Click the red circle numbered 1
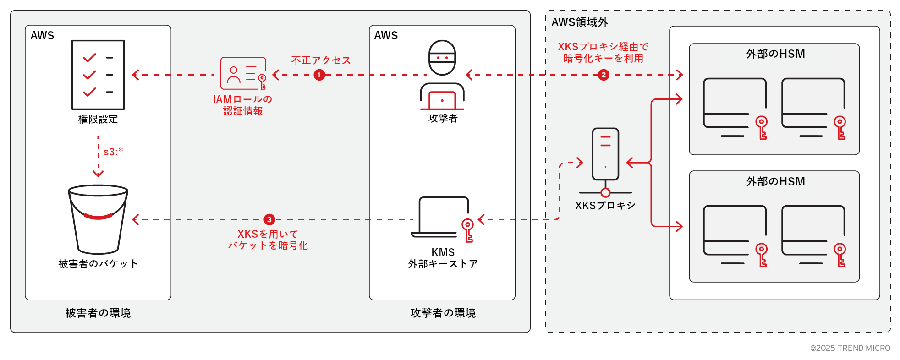click(319, 75)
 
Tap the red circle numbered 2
click(604, 75)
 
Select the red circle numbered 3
click(269, 220)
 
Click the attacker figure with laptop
click(442, 75)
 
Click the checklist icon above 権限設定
click(98, 75)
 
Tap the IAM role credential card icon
click(243, 73)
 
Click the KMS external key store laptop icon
click(442, 218)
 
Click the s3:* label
click(113, 152)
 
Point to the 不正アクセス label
click(321, 60)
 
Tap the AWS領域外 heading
click(580, 22)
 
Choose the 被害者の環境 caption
click(98, 313)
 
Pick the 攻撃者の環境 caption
click(443, 313)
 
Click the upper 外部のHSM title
click(775, 54)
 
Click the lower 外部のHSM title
click(775, 182)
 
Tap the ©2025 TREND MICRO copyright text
click(850, 348)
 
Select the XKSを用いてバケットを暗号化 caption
click(268, 240)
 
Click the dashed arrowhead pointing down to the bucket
click(98, 174)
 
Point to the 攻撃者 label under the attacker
click(443, 119)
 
